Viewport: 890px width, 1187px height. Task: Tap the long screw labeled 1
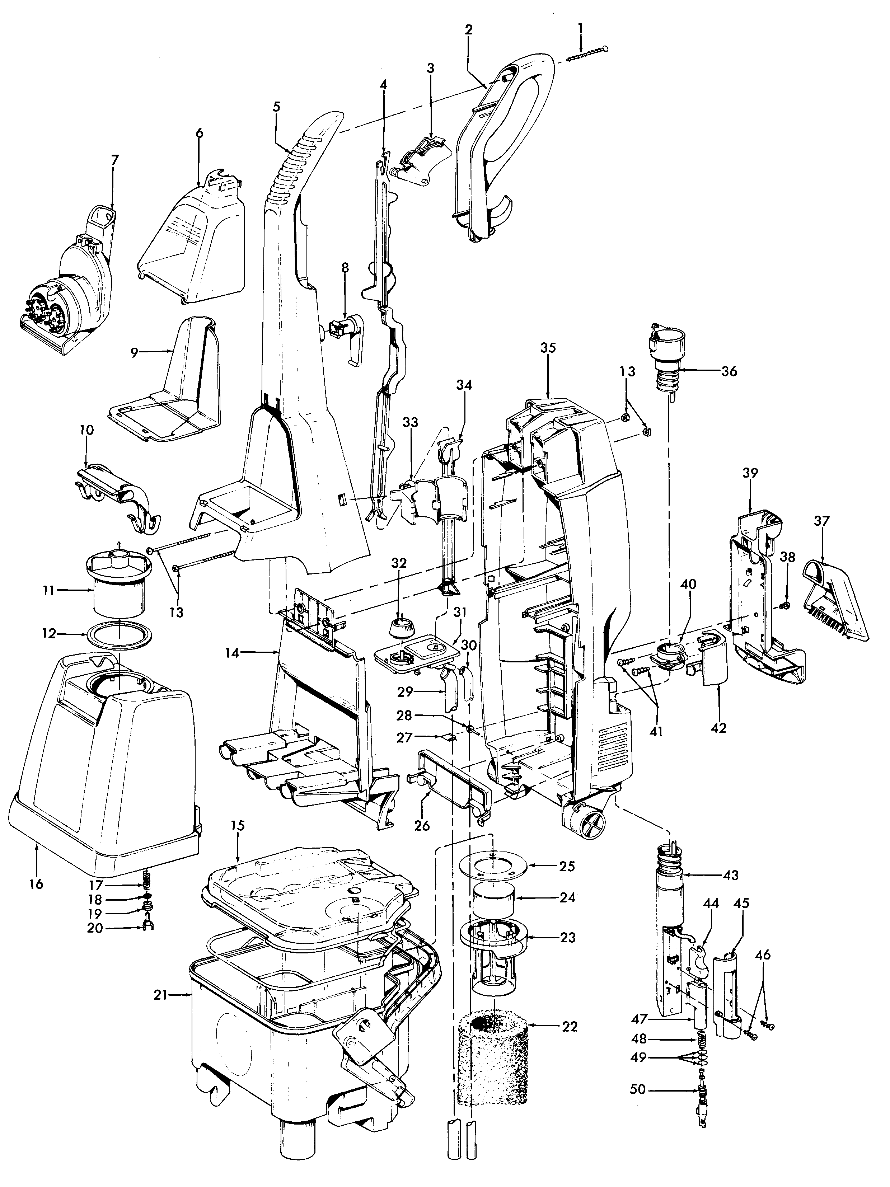click(x=588, y=55)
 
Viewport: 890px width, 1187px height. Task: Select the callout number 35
click(x=548, y=348)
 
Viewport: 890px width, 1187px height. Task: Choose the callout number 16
click(x=36, y=884)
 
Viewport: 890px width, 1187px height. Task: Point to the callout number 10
click(x=86, y=430)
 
